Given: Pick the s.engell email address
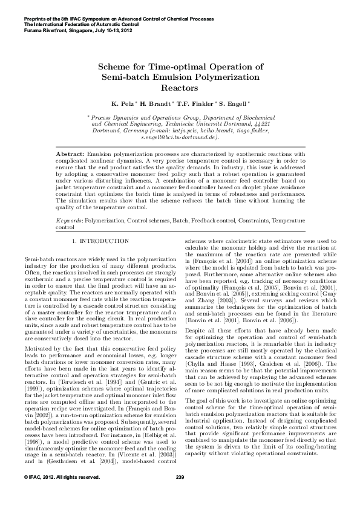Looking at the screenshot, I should tap(179, 138).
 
